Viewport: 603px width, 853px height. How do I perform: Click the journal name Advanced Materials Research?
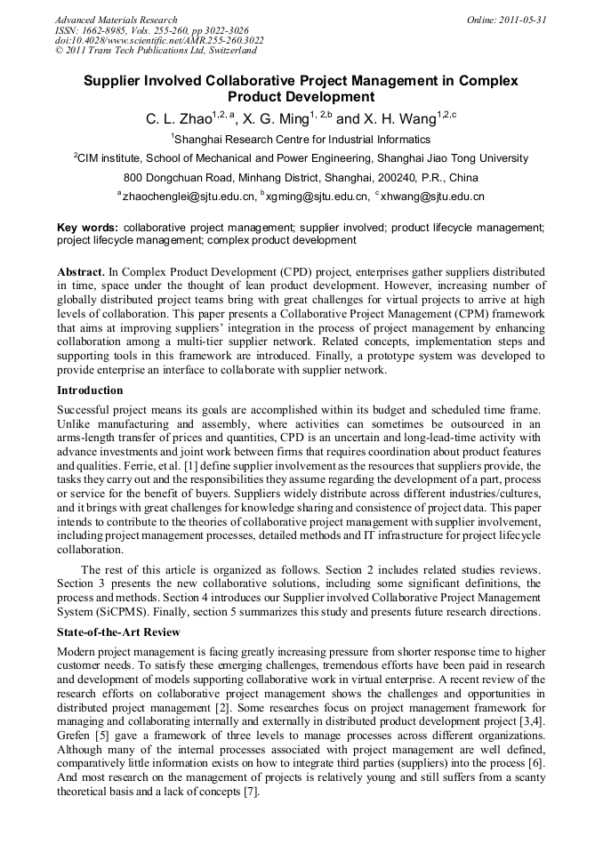[116, 20]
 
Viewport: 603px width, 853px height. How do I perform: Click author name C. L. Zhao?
[177, 119]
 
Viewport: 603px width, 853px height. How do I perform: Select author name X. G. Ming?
[275, 119]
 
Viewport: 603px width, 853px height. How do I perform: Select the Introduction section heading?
[90, 390]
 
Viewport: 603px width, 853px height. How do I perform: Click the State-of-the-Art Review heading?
[118, 632]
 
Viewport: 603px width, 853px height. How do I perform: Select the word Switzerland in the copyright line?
[229, 51]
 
